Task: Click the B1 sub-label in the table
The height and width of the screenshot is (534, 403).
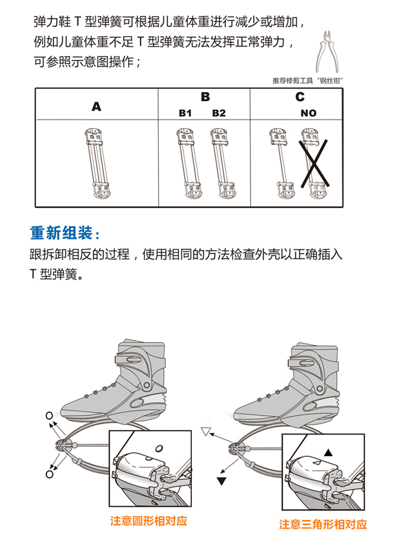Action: [x=185, y=113]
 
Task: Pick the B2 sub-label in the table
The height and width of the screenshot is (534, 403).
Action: [x=219, y=113]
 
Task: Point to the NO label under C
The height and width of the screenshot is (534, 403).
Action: [x=309, y=113]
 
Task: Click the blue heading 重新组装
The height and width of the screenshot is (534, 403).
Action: [x=65, y=234]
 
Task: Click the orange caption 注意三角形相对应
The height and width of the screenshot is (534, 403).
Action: [x=323, y=524]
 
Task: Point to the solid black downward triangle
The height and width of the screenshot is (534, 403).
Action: [x=221, y=481]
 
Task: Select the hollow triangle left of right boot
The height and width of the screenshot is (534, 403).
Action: [x=206, y=431]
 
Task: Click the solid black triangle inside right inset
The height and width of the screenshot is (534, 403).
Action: [x=329, y=452]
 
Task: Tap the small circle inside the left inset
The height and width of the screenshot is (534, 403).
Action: [x=159, y=448]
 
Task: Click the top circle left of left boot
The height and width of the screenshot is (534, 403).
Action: [x=49, y=415]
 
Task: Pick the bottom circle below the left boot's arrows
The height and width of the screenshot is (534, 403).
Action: [x=49, y=474]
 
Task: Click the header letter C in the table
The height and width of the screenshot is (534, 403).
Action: [x=300, y=96]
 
